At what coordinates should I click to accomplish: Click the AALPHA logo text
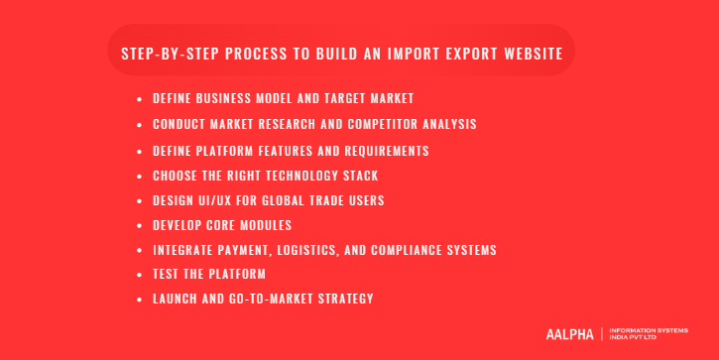(569, 334)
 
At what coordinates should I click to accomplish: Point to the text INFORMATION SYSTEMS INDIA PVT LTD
(647, 334)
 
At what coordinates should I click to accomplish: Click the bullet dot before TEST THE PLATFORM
(141, 275)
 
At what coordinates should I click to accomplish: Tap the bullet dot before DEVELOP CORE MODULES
(141, 225)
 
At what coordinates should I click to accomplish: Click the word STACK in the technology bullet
(359, 176)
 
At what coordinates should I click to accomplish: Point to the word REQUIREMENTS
(382, 151)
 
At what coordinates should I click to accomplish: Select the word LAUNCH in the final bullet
(176, 299)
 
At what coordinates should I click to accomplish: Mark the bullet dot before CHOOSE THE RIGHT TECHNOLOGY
(141, 176)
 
